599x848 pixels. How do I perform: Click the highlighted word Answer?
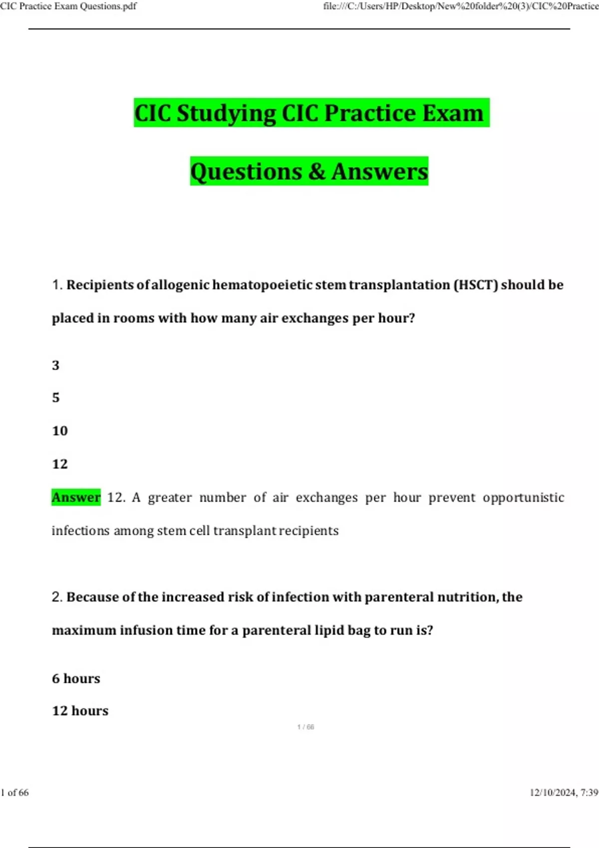click(x=76, y=497)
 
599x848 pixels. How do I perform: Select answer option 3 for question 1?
click(x=56, y=365)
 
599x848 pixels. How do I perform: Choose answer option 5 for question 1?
click(x=56, y=398)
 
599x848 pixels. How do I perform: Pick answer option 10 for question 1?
click(x=60, y=430)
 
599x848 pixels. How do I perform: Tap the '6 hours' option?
click(x=76, y=678)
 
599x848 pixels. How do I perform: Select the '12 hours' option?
click(x=80, y=711)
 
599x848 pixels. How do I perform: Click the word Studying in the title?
click(x=226, y=113)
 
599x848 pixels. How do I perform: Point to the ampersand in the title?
click(x=317, y=172)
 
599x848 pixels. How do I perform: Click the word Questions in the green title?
click(x=246, y=172)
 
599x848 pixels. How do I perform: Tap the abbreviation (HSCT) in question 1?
click(x=475, y=285)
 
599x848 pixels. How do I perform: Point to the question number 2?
click(x=56, y=597)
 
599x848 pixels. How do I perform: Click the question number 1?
click(x=56, y=285)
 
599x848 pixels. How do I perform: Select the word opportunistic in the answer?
click(x=523, y=497)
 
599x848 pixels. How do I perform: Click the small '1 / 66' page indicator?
click(x=305, y=727)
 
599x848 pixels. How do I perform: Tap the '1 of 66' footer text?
click(x=15, y=793)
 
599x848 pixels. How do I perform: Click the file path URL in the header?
click(x=460, y=6)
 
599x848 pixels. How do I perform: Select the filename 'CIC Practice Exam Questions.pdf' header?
click(x=68, y=6)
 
